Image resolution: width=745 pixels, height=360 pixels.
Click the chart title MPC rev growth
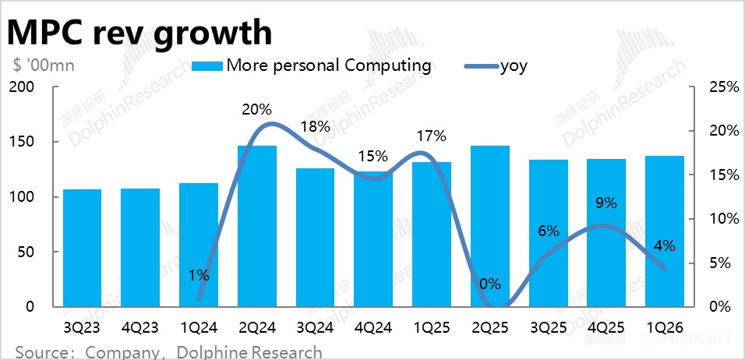(x=140, y=33)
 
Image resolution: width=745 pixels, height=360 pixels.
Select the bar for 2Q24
(x=256, y=226)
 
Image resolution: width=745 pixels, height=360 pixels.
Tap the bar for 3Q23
(x=82, y=248)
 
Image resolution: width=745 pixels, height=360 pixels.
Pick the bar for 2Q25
(x=490, y=226)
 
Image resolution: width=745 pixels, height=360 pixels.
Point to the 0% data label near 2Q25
(x=490, y=284)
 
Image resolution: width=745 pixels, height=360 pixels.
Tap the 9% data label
(x=606, y=203)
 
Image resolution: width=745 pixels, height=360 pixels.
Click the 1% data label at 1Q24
(x=198, y=275)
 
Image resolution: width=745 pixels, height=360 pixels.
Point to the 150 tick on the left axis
(x=26, y=142)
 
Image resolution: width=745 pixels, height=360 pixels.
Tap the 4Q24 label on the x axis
(x=372, y=327)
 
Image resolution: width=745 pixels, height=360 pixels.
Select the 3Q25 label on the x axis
(x=548, y=327)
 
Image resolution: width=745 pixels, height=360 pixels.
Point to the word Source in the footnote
(x=40, y=352)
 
